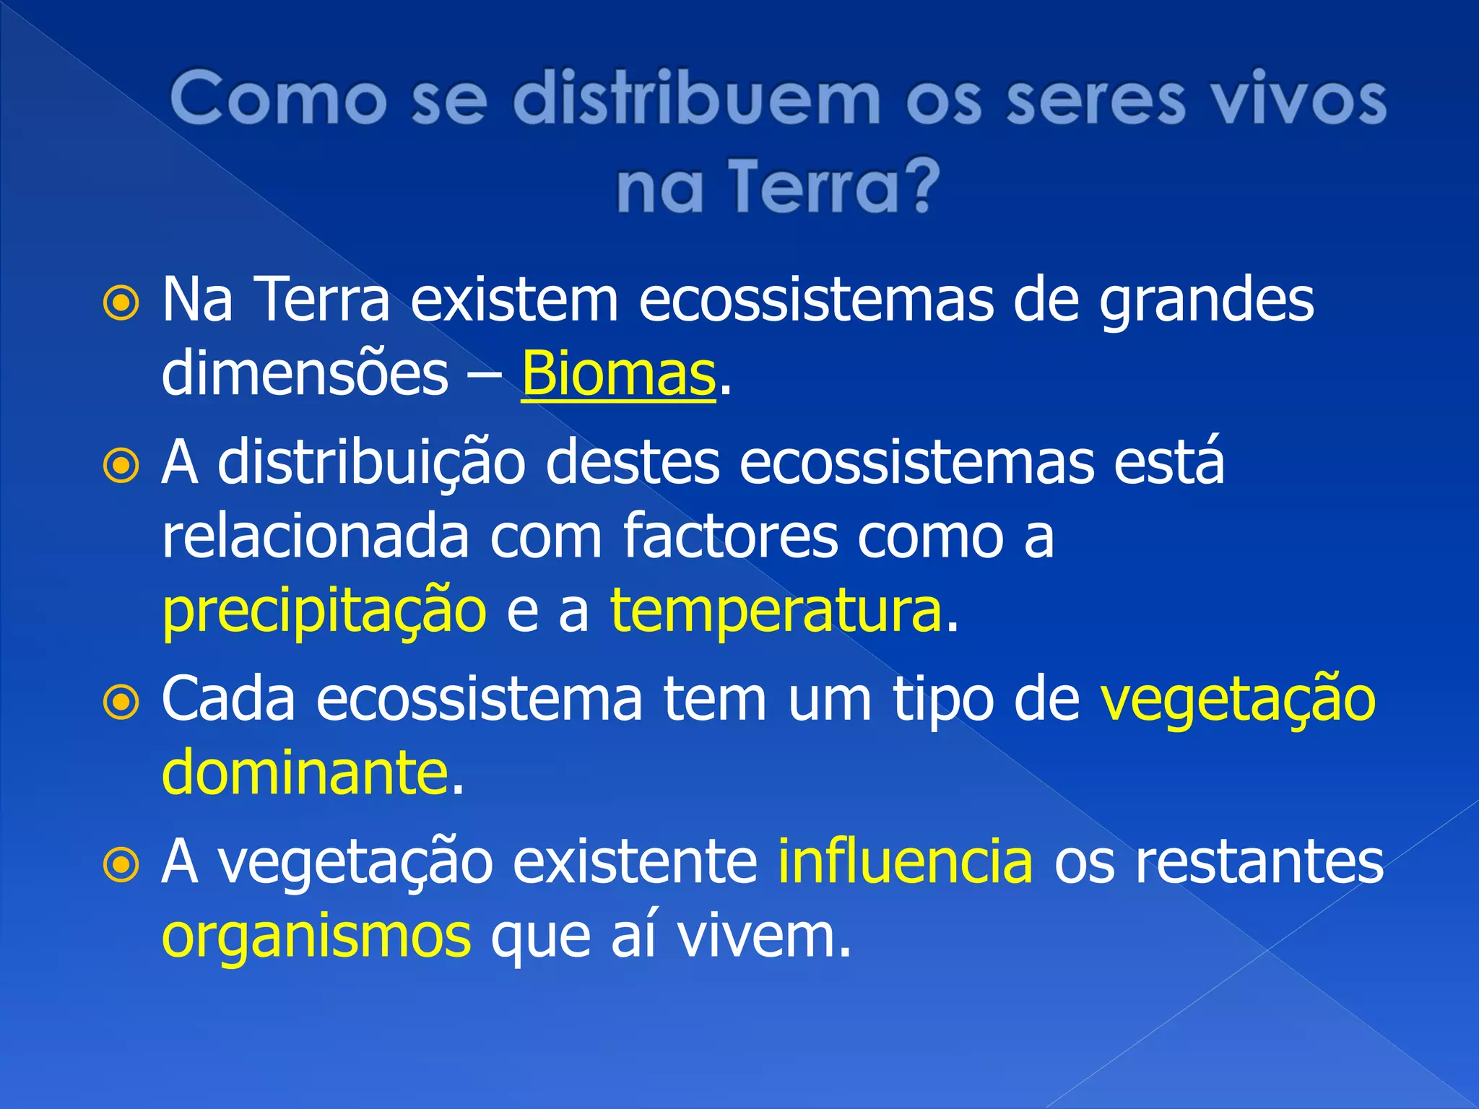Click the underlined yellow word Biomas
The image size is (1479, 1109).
[618, 374]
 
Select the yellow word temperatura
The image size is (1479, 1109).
[776, 611]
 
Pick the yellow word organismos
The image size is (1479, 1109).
[316, 937]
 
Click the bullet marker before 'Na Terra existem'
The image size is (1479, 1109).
[121, 305]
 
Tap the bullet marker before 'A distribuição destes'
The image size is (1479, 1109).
[121, 466]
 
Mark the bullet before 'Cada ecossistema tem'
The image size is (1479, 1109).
[121, 703]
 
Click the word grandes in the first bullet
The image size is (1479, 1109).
[1205, 302]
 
